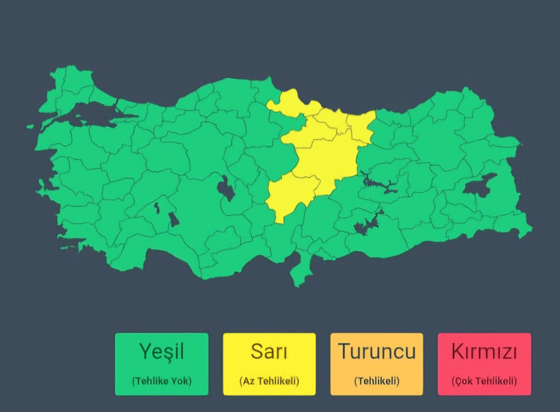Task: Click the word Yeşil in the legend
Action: click(x=161, y=353)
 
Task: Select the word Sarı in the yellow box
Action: click(x=269, y=353)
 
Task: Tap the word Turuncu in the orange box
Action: click(x=377, y=353)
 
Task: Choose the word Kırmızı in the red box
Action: click(x=484, y=353)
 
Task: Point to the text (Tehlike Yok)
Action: click(x=162, y=381)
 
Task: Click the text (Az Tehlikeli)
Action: click(x=269, y=381)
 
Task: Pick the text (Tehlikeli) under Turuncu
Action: click(x=377, y=381)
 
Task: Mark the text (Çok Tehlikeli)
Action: click(x=484, y=381)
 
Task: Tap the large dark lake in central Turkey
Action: click(x=225, y=188)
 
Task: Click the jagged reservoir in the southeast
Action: click(x=365, y=225)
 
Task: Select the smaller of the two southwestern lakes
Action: click(x=158, y=206)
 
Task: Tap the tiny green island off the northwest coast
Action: click(x=31, y=126)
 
